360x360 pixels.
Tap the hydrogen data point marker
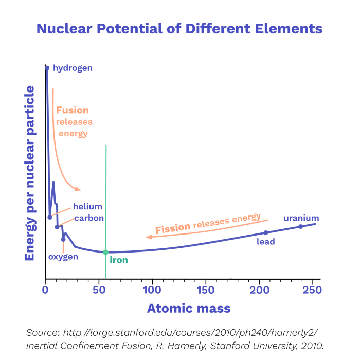(x=47, y=68)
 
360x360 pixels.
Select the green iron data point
(x=105, y=252)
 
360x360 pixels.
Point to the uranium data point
(x=301, y=227)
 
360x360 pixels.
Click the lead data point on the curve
(x=266, y=233)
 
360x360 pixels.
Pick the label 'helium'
(x=87, y=206)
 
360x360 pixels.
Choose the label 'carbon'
(x=89, y=218)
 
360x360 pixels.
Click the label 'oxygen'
(x=63, y=257)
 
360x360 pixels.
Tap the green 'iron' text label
(x=119, y=260)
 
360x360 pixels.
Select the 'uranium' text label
(x=301, y=218)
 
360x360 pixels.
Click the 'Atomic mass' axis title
(x=189, y=309)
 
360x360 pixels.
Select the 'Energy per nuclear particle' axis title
(x=30, y=173)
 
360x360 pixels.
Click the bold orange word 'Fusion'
(x=72, y=110)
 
